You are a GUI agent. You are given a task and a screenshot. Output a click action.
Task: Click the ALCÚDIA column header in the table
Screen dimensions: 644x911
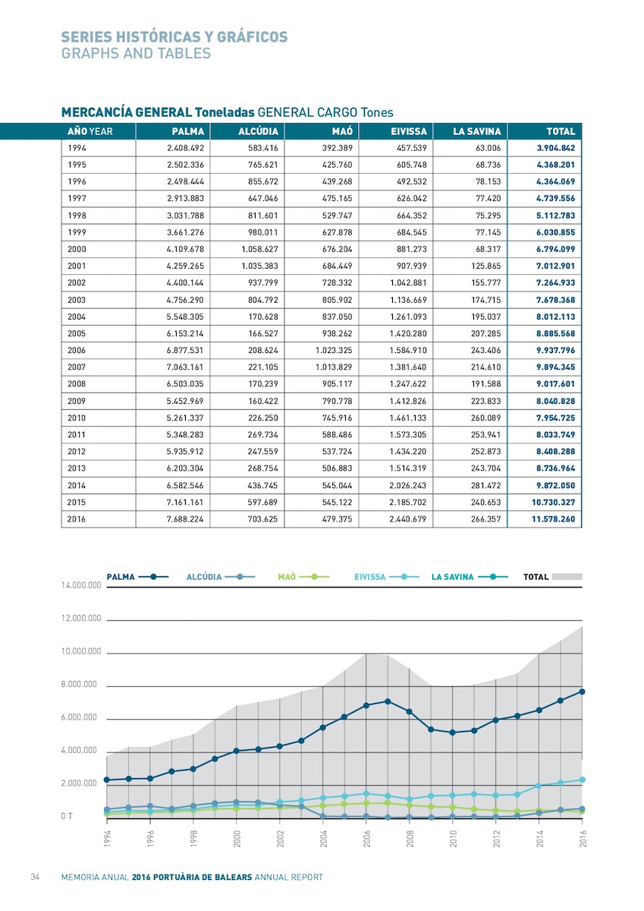(x=258, y=131)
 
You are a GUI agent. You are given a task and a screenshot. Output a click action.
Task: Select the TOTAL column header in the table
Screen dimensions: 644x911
(x=561, y=131)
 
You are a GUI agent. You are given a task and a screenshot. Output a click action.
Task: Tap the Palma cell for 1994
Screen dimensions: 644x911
(x=185, y=148)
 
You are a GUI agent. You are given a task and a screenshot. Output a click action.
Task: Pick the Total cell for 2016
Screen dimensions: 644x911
(x=554, y=519)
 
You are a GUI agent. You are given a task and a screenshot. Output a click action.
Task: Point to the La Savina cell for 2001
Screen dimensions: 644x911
(x=486, y=266)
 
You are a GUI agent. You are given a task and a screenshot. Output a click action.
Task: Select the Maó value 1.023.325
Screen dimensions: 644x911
(x=334, y=350)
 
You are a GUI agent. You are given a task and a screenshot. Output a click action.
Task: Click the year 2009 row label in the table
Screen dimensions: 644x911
(x=77, y=401)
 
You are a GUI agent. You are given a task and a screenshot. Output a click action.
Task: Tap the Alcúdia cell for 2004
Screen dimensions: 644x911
(x=263, y=317)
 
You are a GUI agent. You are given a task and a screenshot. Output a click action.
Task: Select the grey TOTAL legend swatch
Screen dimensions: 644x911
(x=567, y=577)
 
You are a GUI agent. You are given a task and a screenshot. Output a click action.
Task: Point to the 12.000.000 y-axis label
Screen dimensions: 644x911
(x=81, y=619)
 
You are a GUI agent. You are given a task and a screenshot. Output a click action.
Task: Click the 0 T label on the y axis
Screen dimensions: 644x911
(x=67, y=816)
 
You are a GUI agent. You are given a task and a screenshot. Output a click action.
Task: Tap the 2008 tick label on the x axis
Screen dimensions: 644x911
(x=410, y=838)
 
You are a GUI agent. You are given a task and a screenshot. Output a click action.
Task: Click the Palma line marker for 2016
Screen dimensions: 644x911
(x=582, y=692)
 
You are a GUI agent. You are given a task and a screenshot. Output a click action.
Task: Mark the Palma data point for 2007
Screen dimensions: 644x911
(x=388, y=701)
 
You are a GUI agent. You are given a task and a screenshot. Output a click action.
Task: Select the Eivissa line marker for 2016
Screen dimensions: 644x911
(x=582, y=780)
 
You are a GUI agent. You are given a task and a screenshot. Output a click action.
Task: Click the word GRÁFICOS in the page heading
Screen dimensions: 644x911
(x=252, y=37)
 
